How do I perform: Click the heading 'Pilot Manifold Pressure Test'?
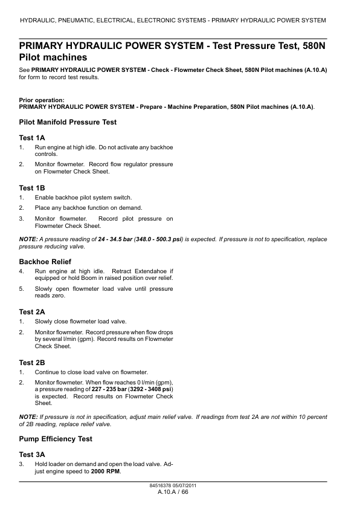point(68,122)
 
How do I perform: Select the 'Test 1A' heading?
point(32,138)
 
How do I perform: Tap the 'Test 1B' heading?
point(32,188)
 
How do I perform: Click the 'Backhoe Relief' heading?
point(45,262)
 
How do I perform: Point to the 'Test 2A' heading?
point(32,312)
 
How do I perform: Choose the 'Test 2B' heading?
point(32,362)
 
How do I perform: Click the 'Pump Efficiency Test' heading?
point(56,439)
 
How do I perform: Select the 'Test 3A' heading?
point(32,454)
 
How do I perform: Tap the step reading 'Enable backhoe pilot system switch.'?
point(83,198)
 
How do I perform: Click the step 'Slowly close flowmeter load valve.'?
point(81,322)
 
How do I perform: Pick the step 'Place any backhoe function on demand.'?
point(88,208)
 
